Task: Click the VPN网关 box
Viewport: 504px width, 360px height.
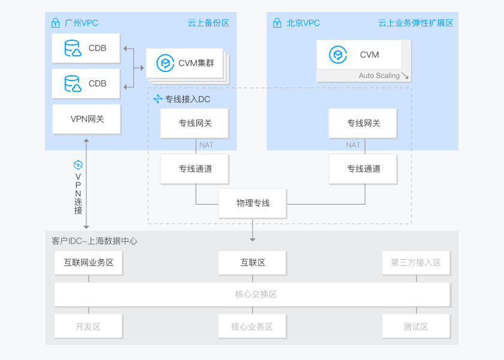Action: [x=87, y=119]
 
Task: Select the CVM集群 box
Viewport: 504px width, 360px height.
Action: [x=184, y=63]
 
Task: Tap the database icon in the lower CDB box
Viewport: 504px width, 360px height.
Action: [x=73, y=83]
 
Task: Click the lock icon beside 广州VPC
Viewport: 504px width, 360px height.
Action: [x=56, y=23]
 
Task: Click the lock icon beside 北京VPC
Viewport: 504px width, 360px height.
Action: [x=277, y=23]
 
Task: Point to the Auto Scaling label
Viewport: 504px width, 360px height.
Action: [x=379, y=76]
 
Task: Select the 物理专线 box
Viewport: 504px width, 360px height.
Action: [x=253, y=203]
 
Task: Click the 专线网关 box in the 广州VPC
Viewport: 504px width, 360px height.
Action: [x=194, y=123]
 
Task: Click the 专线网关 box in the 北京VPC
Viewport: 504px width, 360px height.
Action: [x=363, y=123]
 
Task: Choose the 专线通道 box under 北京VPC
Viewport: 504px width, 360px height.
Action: [x=363, y=169]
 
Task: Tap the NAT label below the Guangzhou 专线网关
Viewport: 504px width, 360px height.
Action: [x=206, y=145]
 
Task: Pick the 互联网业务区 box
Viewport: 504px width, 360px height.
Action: [x=88, y=262]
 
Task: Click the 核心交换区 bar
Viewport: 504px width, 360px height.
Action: [x=253, y=295]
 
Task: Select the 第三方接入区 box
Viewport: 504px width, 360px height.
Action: [x=416, y=262]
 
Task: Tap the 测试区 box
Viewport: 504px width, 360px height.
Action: [x=416, y=326]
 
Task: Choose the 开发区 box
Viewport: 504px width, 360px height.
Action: [x=88, y=326]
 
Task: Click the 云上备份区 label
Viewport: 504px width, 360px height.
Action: [x=208, y=23]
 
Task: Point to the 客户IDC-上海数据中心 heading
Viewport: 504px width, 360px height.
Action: [x=94, y=241]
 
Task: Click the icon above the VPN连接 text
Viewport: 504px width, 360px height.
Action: [x=78, y=164]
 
